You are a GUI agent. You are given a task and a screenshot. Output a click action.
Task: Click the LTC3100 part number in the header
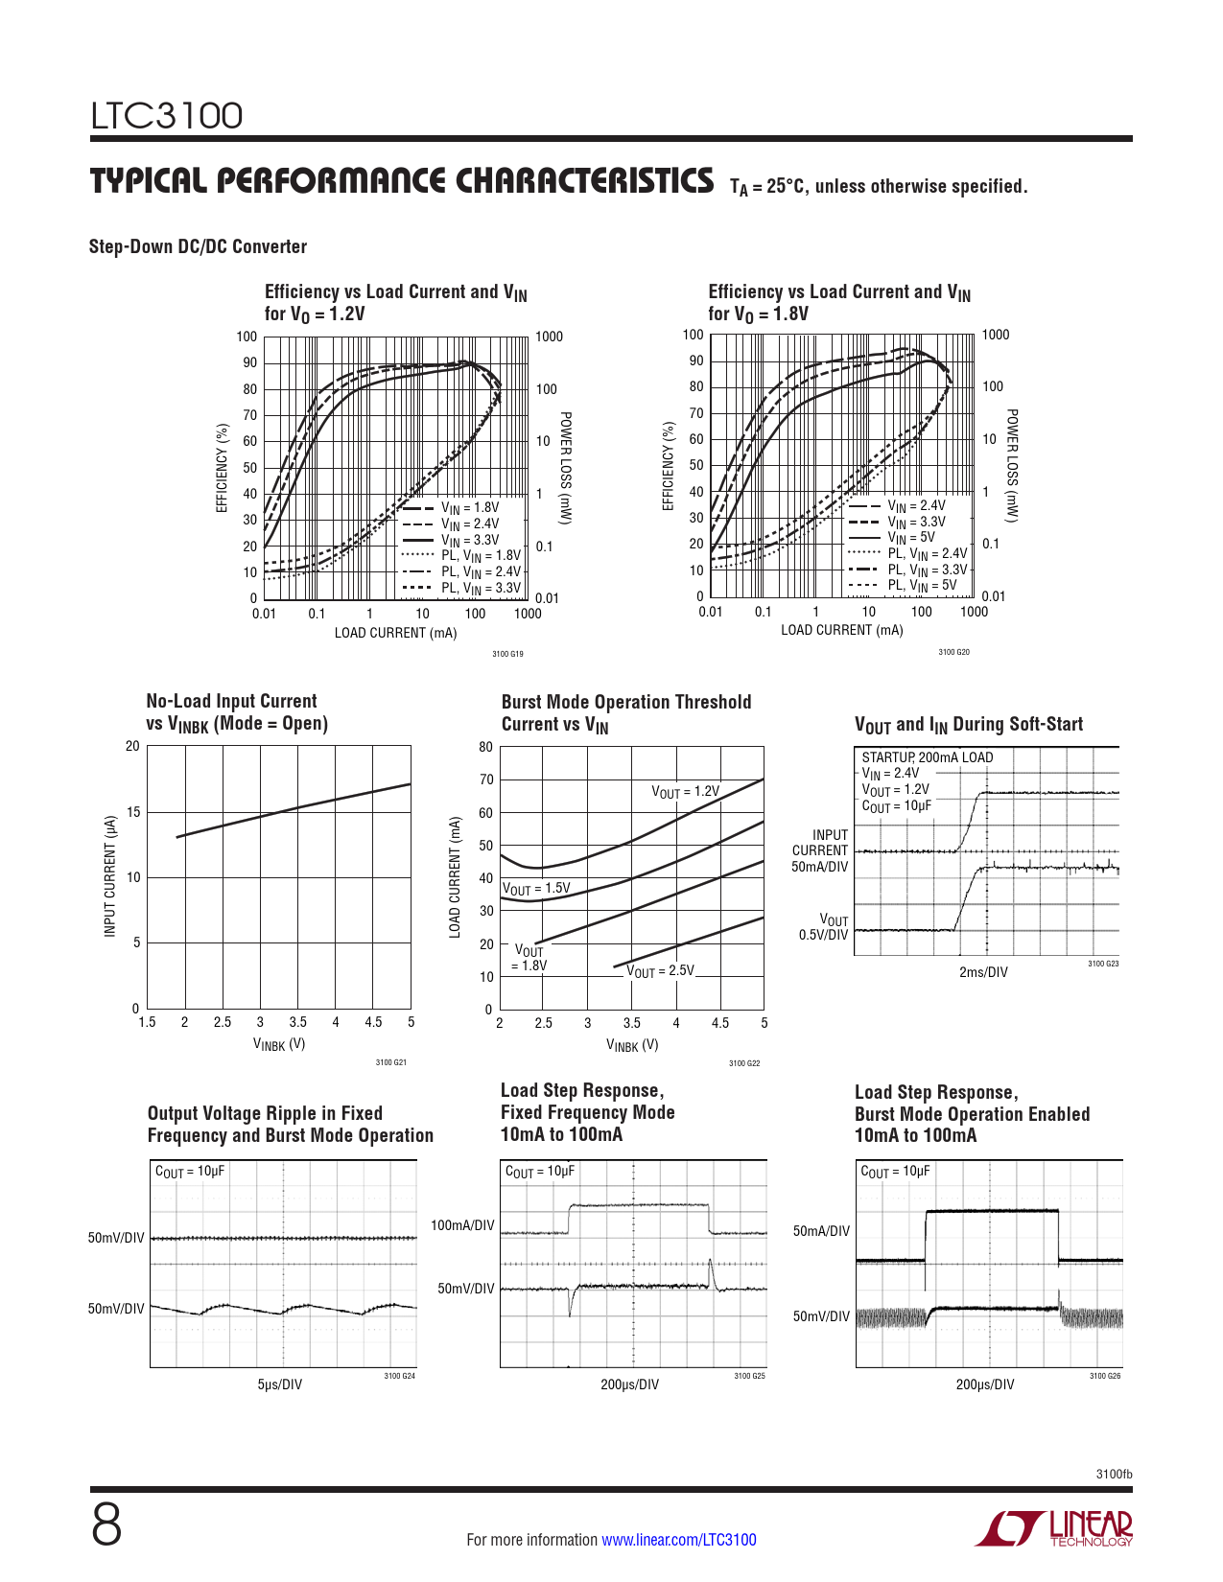167,116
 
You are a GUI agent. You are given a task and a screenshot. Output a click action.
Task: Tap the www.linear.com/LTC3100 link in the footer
678,1540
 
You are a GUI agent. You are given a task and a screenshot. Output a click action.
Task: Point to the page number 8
106,1525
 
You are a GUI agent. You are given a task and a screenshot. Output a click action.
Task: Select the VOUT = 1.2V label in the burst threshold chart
685,792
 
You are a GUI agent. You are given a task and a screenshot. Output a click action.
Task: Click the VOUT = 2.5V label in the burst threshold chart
660,971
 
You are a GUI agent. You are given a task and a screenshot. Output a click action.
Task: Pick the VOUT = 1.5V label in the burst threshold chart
536,889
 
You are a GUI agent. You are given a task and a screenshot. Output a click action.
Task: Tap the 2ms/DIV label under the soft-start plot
983,972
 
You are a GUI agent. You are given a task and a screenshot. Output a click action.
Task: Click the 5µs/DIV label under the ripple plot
279,1384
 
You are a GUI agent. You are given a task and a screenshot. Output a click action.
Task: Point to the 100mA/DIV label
462,1225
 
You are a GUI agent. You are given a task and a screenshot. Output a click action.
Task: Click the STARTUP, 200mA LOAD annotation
927,757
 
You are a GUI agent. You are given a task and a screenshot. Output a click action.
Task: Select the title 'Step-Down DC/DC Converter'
198,246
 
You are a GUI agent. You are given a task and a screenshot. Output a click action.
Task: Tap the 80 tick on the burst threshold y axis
486,747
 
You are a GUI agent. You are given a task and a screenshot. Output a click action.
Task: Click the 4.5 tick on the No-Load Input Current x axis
373,1022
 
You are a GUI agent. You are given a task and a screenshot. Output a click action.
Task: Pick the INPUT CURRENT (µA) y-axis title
110,876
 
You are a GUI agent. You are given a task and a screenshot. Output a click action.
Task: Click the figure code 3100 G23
1103,964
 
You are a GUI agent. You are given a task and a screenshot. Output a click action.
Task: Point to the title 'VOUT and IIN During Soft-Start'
969,725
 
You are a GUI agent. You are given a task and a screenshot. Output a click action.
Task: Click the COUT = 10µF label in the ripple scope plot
190,1172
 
